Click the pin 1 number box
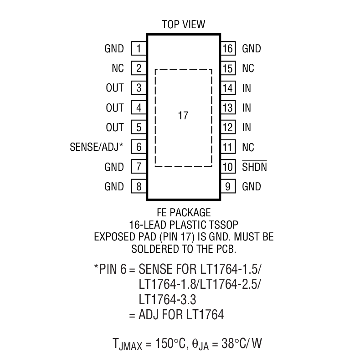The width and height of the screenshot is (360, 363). coord(138,49)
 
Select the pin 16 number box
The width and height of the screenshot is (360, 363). coord(228,49)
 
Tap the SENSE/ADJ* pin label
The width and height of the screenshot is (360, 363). coord(96,147)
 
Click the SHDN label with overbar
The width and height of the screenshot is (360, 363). coord(254,167)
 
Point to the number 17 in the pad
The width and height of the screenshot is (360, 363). coord(183,116)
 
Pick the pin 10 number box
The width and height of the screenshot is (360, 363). coord(228,167)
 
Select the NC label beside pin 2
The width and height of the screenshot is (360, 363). coord(117,68)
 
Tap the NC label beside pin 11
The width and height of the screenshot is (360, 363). coord(248,148)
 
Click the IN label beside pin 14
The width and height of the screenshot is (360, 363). coord(247,88)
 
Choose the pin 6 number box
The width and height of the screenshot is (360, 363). coord(138,147)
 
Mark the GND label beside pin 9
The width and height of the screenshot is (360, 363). coord(252,187)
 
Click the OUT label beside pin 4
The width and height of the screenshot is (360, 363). coord(114,108)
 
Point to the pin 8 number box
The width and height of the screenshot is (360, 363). coord(138,187)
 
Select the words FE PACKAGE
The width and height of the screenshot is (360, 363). coord(183,213)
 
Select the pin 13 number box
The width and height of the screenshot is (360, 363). coord(228,108)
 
